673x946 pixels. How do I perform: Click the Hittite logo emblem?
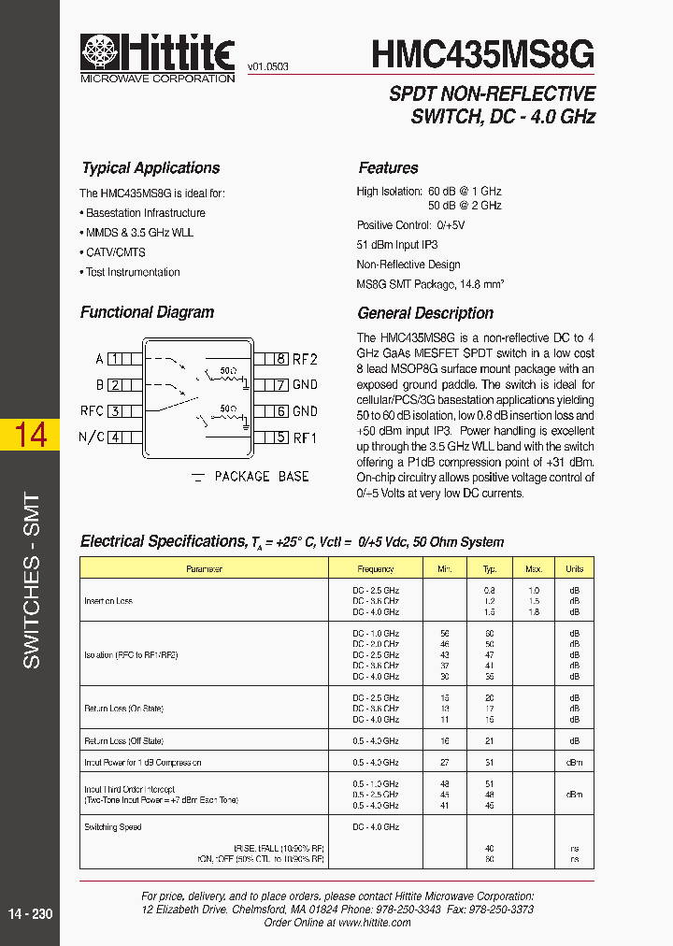coord(101,52)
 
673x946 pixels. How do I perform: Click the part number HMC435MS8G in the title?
coord(482,55)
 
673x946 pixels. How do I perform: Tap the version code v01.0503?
coord(268,67)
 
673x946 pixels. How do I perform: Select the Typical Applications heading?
coord(150,168)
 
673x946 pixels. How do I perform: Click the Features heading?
coord(388,168)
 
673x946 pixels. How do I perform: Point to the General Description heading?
coord(425,313)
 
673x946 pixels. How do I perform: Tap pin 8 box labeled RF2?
coord(279,358)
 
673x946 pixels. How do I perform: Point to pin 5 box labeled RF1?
coord(279,437)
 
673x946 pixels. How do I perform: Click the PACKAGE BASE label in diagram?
coord(262,477)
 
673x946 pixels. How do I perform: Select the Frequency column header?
coord(376,568)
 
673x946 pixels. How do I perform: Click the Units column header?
coord(574,568)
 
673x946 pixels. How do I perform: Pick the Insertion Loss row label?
coord(108,601)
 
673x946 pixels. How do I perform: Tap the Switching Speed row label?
coord(113,827)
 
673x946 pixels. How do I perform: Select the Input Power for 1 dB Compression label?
coord(143,763)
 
